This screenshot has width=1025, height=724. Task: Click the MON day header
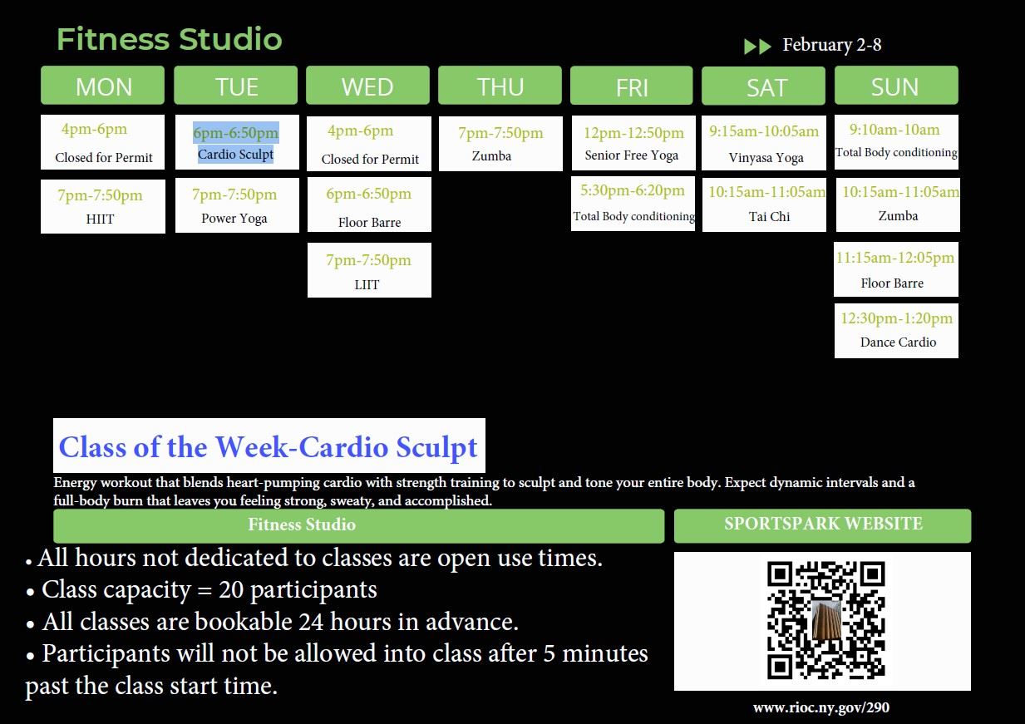(103, 86)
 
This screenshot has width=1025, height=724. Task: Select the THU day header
(500, 86)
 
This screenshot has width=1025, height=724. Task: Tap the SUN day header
(895, 86)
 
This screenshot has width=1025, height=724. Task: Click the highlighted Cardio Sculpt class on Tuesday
(236, 143)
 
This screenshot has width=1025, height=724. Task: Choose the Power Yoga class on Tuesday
(236, 205)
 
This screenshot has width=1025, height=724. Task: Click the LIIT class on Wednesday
(368, 270)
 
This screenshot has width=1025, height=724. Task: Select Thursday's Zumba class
(500, 143)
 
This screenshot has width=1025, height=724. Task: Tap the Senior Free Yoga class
(633, 143)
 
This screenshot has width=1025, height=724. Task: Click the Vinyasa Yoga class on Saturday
(765, 143)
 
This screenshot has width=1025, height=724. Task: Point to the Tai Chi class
(765, 204)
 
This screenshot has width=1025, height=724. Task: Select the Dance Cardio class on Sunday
(896, 331)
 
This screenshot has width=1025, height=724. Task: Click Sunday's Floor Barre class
(895, 269)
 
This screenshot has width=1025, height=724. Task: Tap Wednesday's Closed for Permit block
(368, 143)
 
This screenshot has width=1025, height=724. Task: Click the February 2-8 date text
(831, 45)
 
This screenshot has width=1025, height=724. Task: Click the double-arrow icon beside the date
(757, 47)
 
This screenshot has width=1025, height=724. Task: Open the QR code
(825, 620)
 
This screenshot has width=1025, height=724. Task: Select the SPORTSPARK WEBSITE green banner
(822, 525)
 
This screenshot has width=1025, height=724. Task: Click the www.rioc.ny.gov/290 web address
(820, 707)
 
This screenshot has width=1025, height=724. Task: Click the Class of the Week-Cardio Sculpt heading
(269, 446)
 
